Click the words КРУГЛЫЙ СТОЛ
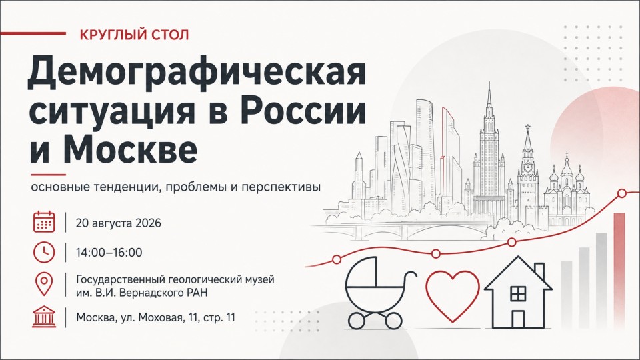(134, 35)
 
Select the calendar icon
(44, 222)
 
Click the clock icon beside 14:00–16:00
(44, 252)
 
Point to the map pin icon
(44, 285)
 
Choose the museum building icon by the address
(44, 317)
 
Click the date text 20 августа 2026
(119, 223)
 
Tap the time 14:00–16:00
(109, 253)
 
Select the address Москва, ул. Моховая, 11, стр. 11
(155, 317)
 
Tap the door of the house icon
(519, 319)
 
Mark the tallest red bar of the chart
(619, 270)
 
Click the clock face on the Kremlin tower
(528, 167)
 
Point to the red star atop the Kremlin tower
(527, 126)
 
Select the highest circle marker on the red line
(622, 193)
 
